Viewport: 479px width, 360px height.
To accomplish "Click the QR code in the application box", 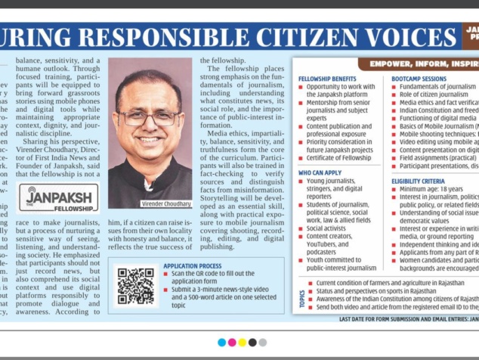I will [135, 285].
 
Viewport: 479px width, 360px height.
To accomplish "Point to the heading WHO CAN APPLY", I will [321, 173].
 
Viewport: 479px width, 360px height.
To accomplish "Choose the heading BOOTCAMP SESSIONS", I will [419, 79].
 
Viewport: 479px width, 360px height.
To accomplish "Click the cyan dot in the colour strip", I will [221, 343].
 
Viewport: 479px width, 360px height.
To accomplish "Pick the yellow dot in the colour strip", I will [242, 343].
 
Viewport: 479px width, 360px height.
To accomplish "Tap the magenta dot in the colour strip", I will [232, 343].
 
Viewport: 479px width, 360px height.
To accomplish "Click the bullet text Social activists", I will [326, 227].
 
